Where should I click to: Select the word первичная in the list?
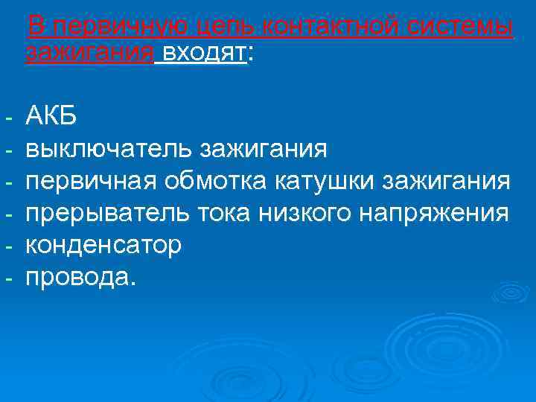[x=92, y=181]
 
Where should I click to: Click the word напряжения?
[x=435, y=214]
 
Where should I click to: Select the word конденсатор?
[x=103, y=246]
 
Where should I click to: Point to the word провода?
[x=81, y=278]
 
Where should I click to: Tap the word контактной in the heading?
[x=320, y=27]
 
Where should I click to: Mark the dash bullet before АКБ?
[x=7, y=117]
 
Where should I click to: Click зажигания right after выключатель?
[x=263, y=148]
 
